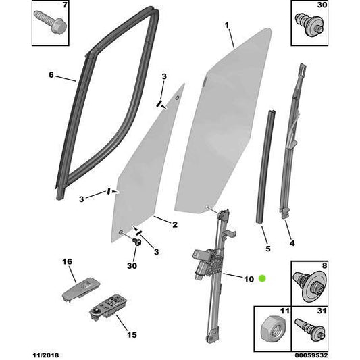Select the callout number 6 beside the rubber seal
[51, 75]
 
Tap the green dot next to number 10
[262, 278]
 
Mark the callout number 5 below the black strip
[267, 249]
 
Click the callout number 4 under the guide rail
[292, 242]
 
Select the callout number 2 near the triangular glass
[174, 225]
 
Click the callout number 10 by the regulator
[248, 278]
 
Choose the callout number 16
[67, 261]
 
